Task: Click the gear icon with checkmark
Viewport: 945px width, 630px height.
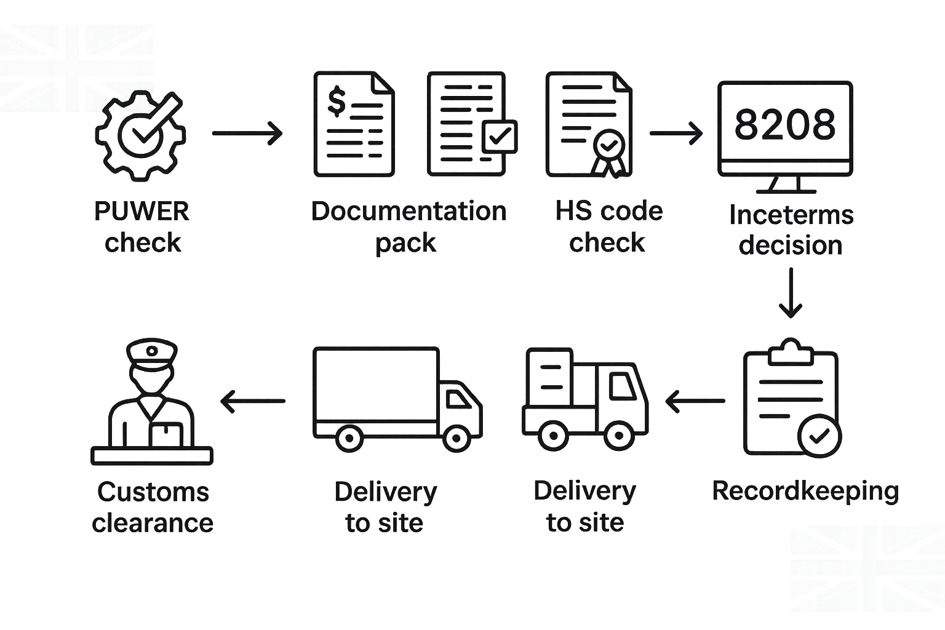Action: [x=140, y=135]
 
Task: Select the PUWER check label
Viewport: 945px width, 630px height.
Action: [x=142, y=227]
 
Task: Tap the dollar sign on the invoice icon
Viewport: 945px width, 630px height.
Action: [x=336, y=102]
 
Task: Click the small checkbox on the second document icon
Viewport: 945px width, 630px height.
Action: [x=499, y=136]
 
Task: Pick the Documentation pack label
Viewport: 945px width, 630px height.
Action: [x=409, y=227]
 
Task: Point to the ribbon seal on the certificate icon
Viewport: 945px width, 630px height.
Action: [x=608, y=151]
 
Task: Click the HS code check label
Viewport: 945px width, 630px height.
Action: [x=608, y=227]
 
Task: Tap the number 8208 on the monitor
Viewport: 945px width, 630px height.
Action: [x=785, y=124]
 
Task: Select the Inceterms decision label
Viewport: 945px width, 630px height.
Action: [x=791, y=230]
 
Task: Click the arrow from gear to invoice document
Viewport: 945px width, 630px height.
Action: [x=247, y=133]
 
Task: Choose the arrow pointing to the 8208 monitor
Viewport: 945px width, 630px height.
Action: [x=676, y=133]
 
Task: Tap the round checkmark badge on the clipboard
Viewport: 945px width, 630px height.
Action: [x=819, y=436]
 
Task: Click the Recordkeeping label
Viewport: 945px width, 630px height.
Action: [x=805, y=491]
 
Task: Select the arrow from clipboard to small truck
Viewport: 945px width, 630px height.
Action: [x=695, y=401]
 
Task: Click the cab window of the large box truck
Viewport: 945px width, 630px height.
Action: [x=458, y=400]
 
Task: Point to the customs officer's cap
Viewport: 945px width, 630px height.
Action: [x=152, y=354]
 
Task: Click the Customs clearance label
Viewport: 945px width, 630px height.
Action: [x=153, y=508]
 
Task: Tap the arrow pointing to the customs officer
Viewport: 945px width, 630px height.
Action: [x=253, y=401]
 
